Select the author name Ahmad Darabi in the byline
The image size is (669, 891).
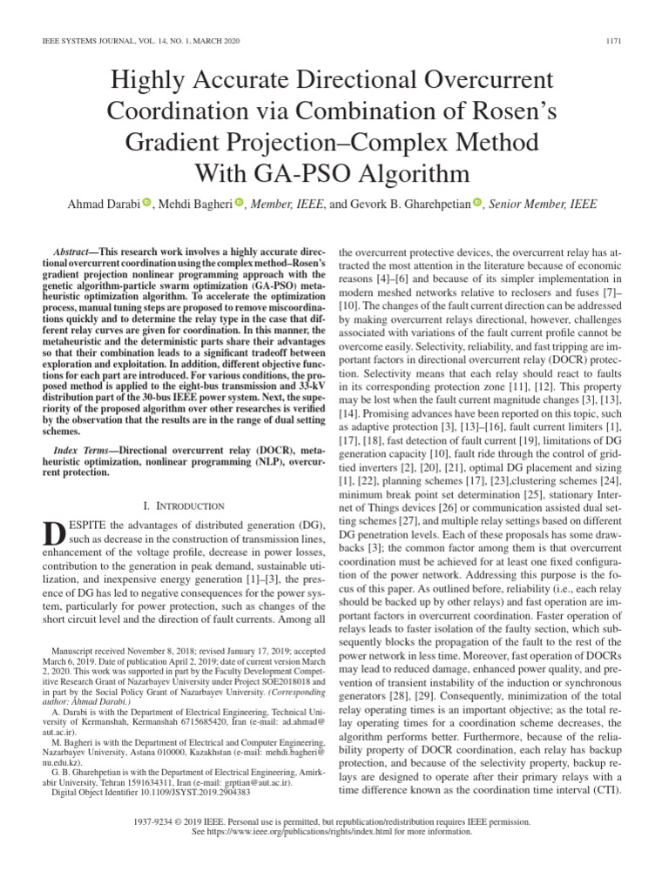(x=104, y=204)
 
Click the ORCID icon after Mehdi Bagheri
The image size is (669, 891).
(x=239, y=204)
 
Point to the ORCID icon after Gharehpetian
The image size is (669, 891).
(x=477, y=204)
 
